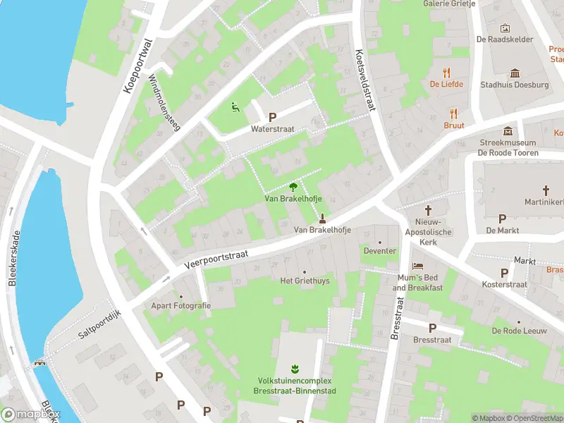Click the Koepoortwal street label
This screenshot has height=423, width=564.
pos(137,65)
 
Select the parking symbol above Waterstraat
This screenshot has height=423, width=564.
pos(272,117)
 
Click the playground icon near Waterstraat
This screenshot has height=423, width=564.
pos(235,107)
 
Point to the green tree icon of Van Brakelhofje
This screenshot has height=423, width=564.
pos(293,187)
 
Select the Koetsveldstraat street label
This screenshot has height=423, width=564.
pos(363,80)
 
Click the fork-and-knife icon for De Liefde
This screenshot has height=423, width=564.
pos(446,72)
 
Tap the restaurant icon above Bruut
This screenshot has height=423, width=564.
pos(453,114)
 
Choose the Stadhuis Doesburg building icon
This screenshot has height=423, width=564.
pos(515,73)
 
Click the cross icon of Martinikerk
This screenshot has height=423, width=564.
pos(546,190)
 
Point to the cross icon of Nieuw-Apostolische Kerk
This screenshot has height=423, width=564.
pos(428,210)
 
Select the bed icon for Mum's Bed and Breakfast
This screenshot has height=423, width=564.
pos(418,266)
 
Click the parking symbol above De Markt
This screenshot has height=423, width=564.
pos(502,219)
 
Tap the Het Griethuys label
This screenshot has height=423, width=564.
pos(305,281)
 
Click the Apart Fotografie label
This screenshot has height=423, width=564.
pos(181,305)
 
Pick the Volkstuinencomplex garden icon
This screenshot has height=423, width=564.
pos(294,369)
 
